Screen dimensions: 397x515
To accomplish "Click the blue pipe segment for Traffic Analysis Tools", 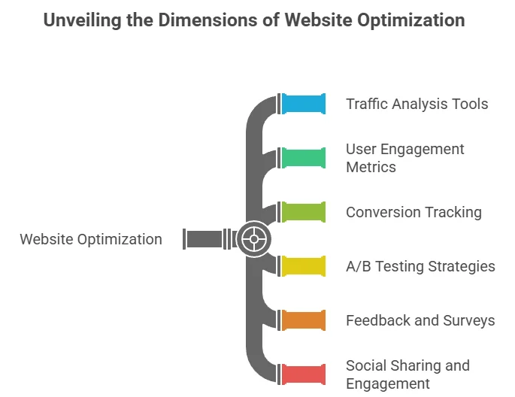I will [x=304, y=104].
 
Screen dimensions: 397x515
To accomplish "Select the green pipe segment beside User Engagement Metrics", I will [x=304, y=158].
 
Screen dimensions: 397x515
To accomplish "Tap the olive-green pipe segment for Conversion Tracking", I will [x=304, y=212].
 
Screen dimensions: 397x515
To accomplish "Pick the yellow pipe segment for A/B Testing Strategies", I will [x=304, y=266].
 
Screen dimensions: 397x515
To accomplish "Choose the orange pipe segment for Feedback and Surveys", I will [x=304, y=320].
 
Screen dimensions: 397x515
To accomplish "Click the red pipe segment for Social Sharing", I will [x=304, y=374].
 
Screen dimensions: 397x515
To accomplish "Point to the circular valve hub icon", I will [x=254, y=240].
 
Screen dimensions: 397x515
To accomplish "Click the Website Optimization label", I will [x=91, y=240].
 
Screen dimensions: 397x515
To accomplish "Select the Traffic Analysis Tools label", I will [x=417, y=104].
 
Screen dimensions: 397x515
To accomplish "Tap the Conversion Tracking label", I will [x=414, y=212].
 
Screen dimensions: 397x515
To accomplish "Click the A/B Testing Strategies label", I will [x=420, y=266].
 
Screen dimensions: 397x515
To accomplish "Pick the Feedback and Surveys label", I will [x=420, y=320].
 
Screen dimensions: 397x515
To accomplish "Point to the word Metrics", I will [x=371, y=167].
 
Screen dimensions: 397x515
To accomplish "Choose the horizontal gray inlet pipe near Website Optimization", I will [x=204, y=240].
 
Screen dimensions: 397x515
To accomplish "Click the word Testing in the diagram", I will [x=401, y=266].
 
